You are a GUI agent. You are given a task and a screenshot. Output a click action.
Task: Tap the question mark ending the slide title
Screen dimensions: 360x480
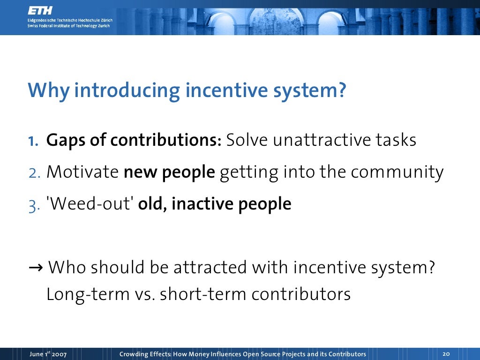(341, 90)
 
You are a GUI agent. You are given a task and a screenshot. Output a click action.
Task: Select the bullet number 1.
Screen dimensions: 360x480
(34, 141)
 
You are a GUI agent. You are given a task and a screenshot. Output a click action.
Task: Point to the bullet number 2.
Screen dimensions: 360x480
(34, 172)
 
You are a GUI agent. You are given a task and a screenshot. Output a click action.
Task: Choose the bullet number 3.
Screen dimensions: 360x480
(34, 205)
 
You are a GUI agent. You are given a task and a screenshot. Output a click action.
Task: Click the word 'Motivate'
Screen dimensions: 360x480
(82, 172)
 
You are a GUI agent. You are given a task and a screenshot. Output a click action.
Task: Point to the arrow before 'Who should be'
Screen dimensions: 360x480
(36, 268)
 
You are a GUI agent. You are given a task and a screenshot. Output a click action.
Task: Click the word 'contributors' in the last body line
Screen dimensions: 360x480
(301, 294)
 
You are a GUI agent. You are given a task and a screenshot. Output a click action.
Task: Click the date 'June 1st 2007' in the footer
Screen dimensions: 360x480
(48, 354)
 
